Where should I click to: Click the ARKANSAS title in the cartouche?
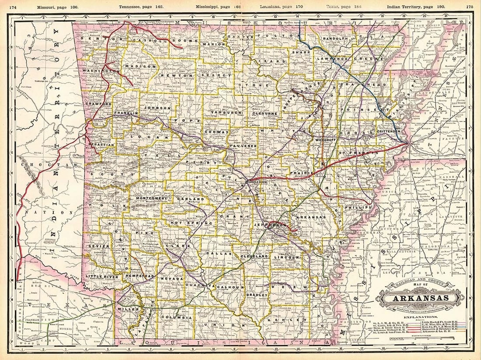421,299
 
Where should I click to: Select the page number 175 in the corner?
470,7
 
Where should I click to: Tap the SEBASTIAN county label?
102,144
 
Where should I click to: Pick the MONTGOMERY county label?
152,198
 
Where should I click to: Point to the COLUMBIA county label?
176,317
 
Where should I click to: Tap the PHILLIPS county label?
360,207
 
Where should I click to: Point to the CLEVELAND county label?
254,255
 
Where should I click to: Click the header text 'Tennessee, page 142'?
139,7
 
